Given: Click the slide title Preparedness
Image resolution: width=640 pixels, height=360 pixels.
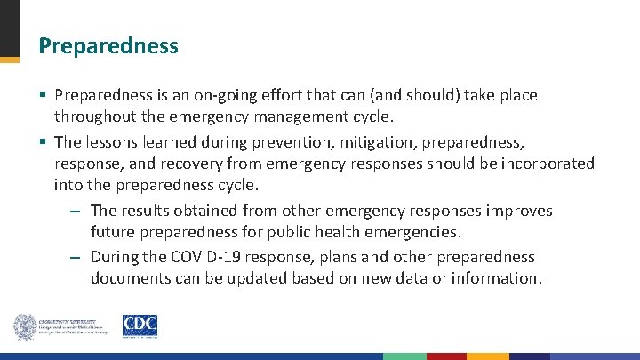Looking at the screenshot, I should pyautogui.click(x=108, y=45).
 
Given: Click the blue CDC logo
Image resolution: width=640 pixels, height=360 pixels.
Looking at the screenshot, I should pyautogui.click(x=140, y=327).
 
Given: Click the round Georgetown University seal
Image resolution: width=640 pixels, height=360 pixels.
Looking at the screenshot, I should pyautogui.click(x=24, y=327).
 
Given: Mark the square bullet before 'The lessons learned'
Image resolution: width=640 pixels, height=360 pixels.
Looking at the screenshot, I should pyautogui.click(x=43, y=142).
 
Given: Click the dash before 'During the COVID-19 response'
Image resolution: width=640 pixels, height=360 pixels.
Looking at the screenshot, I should pyautogui.click(x=76, y=258).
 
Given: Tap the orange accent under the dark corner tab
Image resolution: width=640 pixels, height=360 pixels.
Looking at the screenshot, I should pyautogui.click(x=10, y=60).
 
